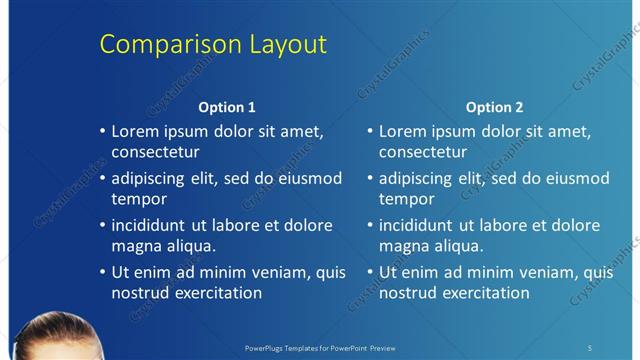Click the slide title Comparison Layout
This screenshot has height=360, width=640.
pyautogui.click(x=213, y=45)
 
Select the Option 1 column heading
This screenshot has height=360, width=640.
pyautogui.click(x=227, y=107)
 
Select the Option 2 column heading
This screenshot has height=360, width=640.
pyautogui.click(x=494, y=107)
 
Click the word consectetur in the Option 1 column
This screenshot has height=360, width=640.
pyautogui.click(x=155, y=152)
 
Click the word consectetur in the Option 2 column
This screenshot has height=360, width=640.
pyautogui.click(x=422, y=152)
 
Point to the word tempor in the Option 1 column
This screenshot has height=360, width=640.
pyautogui.click(x=136, y=200)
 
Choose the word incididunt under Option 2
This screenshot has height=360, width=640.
pyautogui.click(x=417, y=225)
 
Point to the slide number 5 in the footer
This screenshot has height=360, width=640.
pyautogui.click(x=590, y=347)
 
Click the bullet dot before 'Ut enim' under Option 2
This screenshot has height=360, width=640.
pyautogui.click(x=371, y=272)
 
